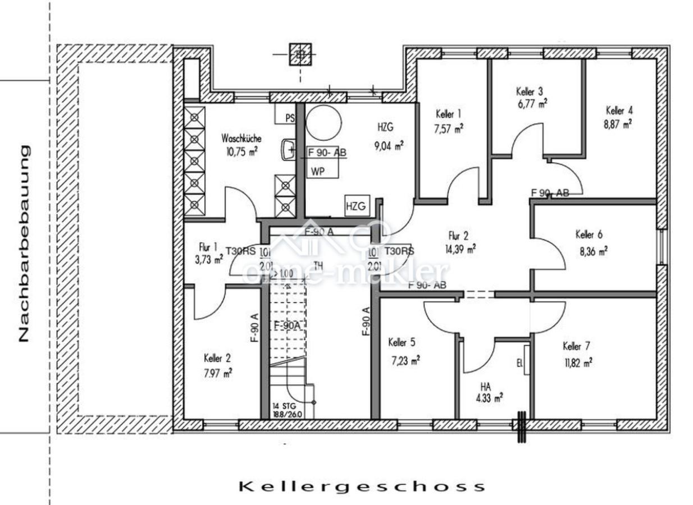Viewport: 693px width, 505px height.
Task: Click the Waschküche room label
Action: click(241, 138)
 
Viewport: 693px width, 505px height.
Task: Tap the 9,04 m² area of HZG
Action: click(389, 146)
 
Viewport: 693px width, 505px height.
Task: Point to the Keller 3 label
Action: click(530, 91)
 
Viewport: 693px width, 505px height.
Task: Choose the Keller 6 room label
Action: click(589, 235)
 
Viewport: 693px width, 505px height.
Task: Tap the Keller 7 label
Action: click(576, 346)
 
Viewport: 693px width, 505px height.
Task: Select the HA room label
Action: click(486, 386)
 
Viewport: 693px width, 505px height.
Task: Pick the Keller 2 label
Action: click(217, 358)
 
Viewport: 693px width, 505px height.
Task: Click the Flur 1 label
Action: click(208, 246)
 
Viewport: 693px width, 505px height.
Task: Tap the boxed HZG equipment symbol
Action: click(355, 206)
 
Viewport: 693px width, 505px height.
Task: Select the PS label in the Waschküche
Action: click(290, 118)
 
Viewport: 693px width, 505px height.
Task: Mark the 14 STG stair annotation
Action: click(284, 405)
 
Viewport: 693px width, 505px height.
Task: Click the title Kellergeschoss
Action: click(362, 486)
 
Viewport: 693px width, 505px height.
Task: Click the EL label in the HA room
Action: click(519, 363)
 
